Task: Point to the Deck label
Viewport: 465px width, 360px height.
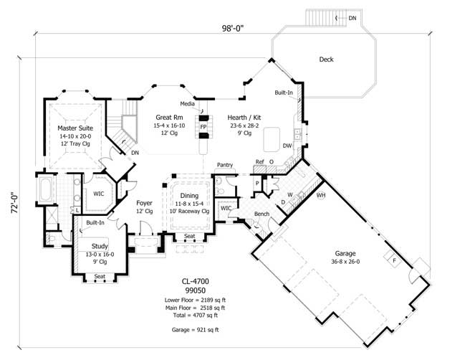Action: click(x=326, y=60)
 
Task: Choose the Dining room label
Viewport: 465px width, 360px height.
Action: click(x=190, y=195)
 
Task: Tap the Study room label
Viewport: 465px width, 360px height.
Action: click(x=100, y=246)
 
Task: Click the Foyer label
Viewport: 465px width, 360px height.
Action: click(x=145, y=203)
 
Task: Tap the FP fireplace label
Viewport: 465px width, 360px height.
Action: click(x=203, y=126)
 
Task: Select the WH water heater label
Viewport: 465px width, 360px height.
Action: click(x=321, y=194)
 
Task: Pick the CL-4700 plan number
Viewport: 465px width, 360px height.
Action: click(x=196, y=281)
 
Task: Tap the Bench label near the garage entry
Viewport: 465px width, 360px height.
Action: click(x=262, y=214)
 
